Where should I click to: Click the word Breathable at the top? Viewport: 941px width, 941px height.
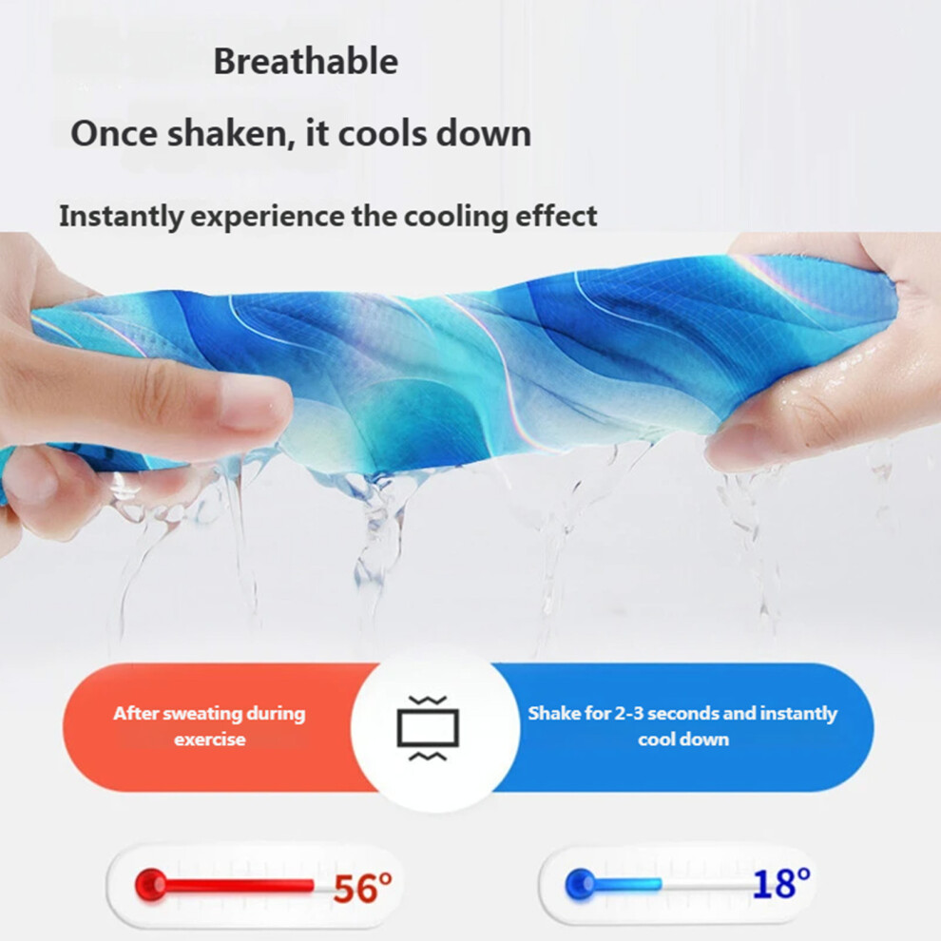[x=305, y=61]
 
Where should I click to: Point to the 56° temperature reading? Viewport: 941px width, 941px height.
[x=362, y=888]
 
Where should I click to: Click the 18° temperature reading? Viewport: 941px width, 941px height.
[x=781, y=884]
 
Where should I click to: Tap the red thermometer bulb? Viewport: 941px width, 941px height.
[x=150, y=884]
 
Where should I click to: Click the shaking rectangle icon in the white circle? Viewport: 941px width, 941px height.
[x=428, y=728]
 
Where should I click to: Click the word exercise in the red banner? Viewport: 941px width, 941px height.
[x=209, y=739]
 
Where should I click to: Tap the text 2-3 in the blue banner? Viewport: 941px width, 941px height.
[x=629, y=713]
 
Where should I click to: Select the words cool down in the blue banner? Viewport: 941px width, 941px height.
[x=683, y=739]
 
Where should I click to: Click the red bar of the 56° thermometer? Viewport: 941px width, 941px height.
[x=240, y=885]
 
